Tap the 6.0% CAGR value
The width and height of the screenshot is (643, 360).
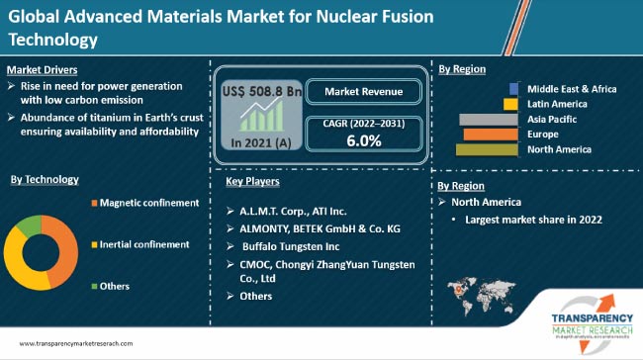363,140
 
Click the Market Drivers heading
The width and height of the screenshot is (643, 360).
43,70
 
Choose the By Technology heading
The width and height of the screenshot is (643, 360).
45,179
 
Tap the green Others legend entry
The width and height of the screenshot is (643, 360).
115,286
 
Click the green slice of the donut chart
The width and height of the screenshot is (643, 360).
30,225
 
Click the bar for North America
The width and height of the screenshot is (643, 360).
489,149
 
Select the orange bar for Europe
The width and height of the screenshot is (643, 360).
493,135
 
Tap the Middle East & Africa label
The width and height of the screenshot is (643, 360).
572,89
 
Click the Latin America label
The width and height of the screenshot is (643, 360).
558,104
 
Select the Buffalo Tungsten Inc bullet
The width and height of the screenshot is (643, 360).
292,245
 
